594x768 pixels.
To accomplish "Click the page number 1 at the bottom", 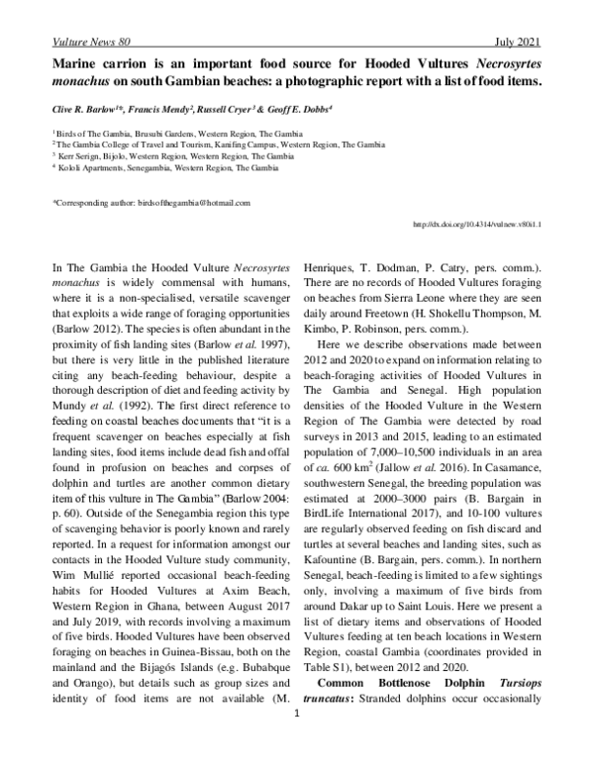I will pyautogui.click(x=296, y=735).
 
